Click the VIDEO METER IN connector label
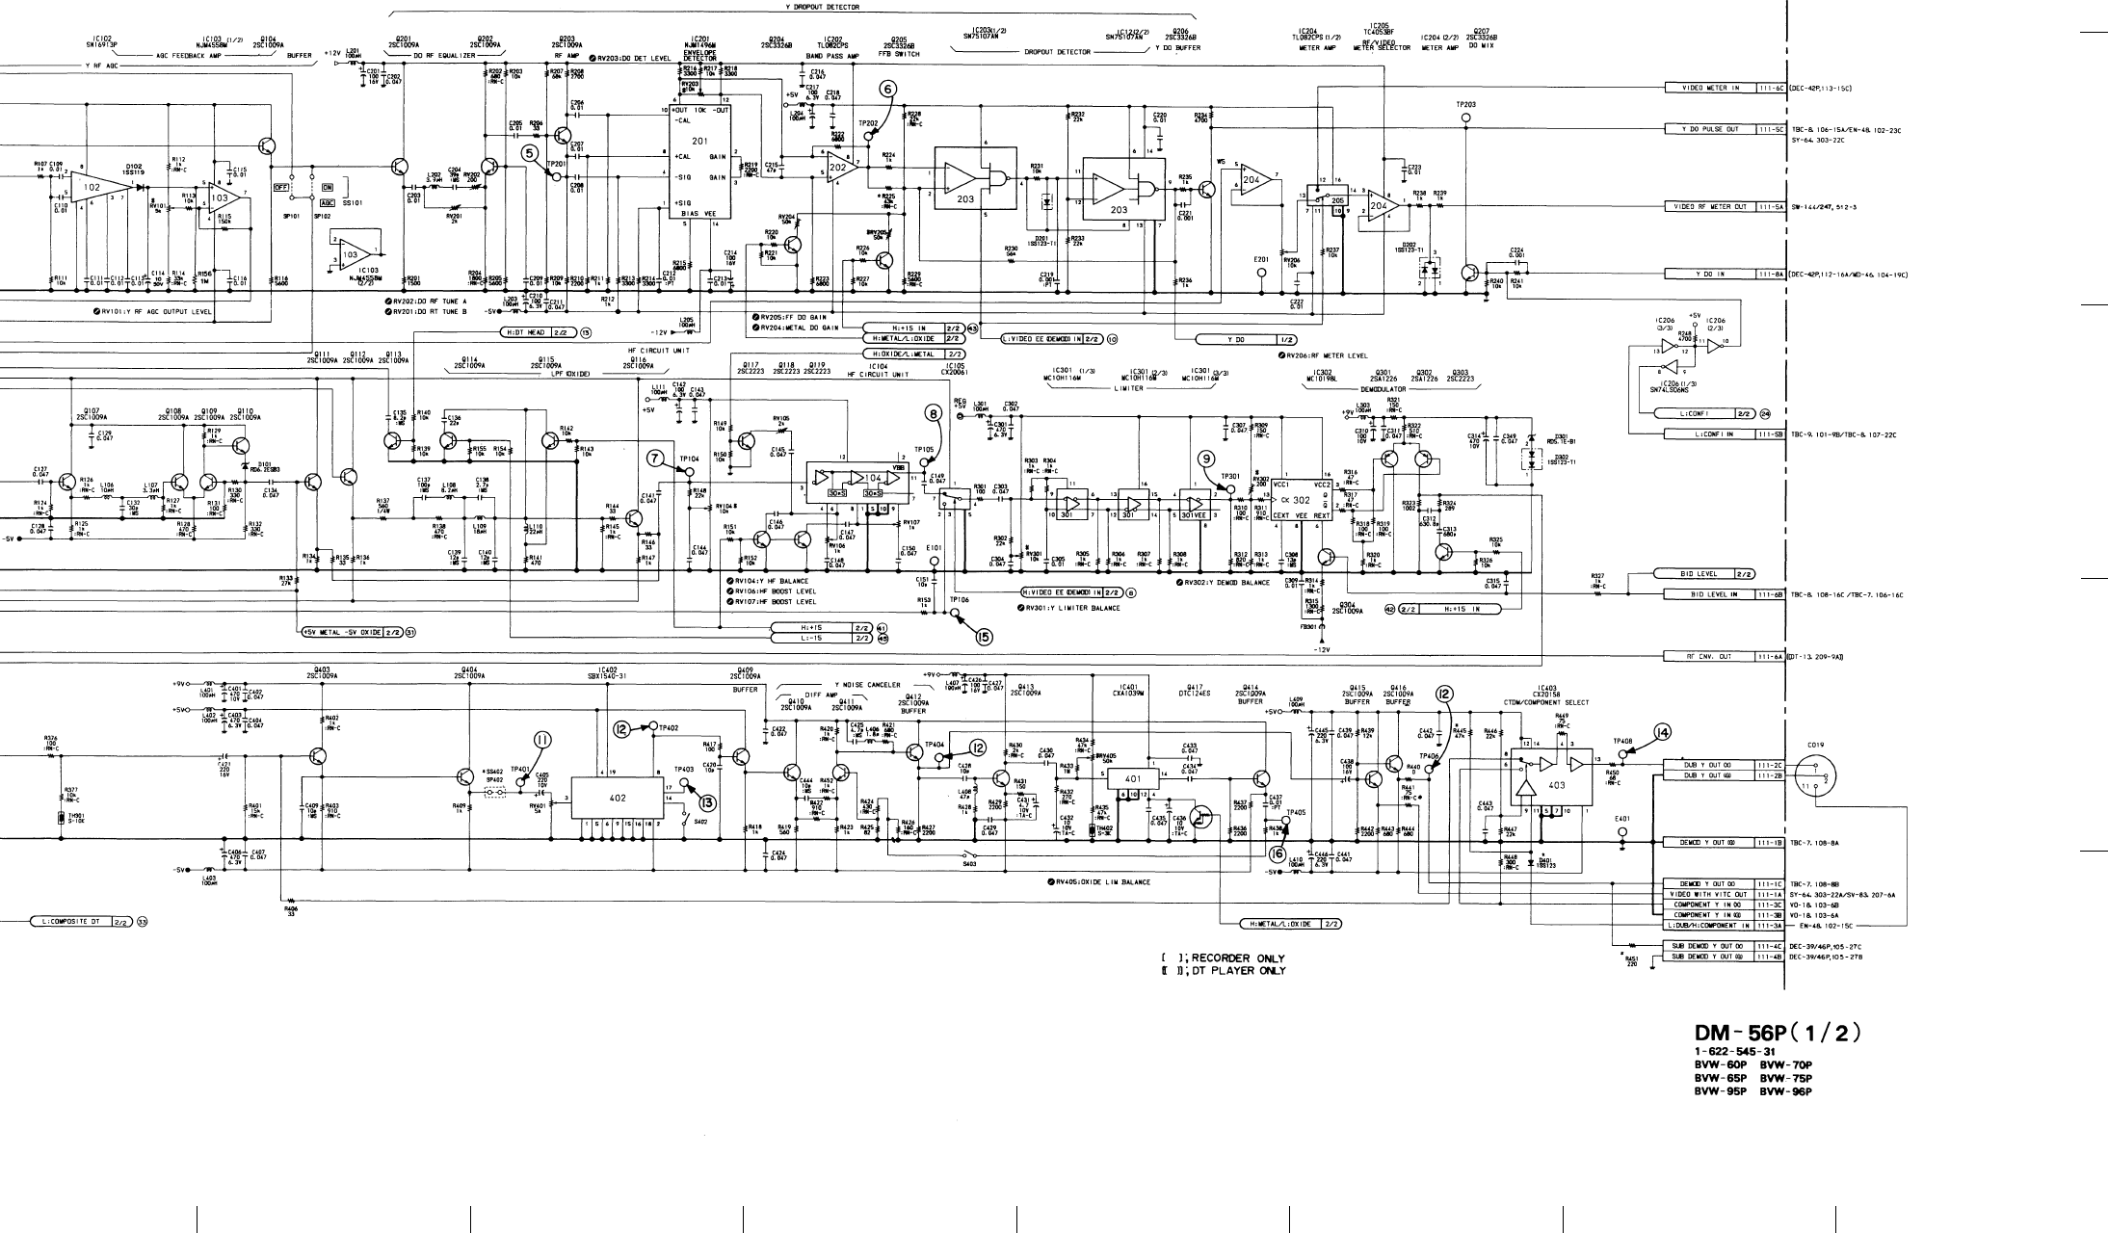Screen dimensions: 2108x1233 pyautogui.click(x=1711, y=89)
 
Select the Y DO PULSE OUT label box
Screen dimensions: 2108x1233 pyautogui.click(x=1711, y=129)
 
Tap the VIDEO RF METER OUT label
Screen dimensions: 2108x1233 pyautogui.click(x=1711, y=207)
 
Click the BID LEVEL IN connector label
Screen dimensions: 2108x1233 pyautogui.click(x=1711, y=594)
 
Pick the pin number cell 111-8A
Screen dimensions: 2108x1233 pyautogui.click(x=1771, y=275)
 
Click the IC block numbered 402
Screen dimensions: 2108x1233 pyautogui.click(x=618, y=799)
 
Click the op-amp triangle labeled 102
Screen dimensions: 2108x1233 pyautogui.click(x=93, y=187)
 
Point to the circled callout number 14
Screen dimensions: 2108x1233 pyautogui.click(x=1662, y=733)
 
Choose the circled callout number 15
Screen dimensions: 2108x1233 pyautogui.click(x=983, y=635)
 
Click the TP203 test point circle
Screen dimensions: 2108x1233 pyautogui.click(x=1466, y=118)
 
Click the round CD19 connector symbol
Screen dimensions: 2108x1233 pyautogui.click(x=1817, y=776)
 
